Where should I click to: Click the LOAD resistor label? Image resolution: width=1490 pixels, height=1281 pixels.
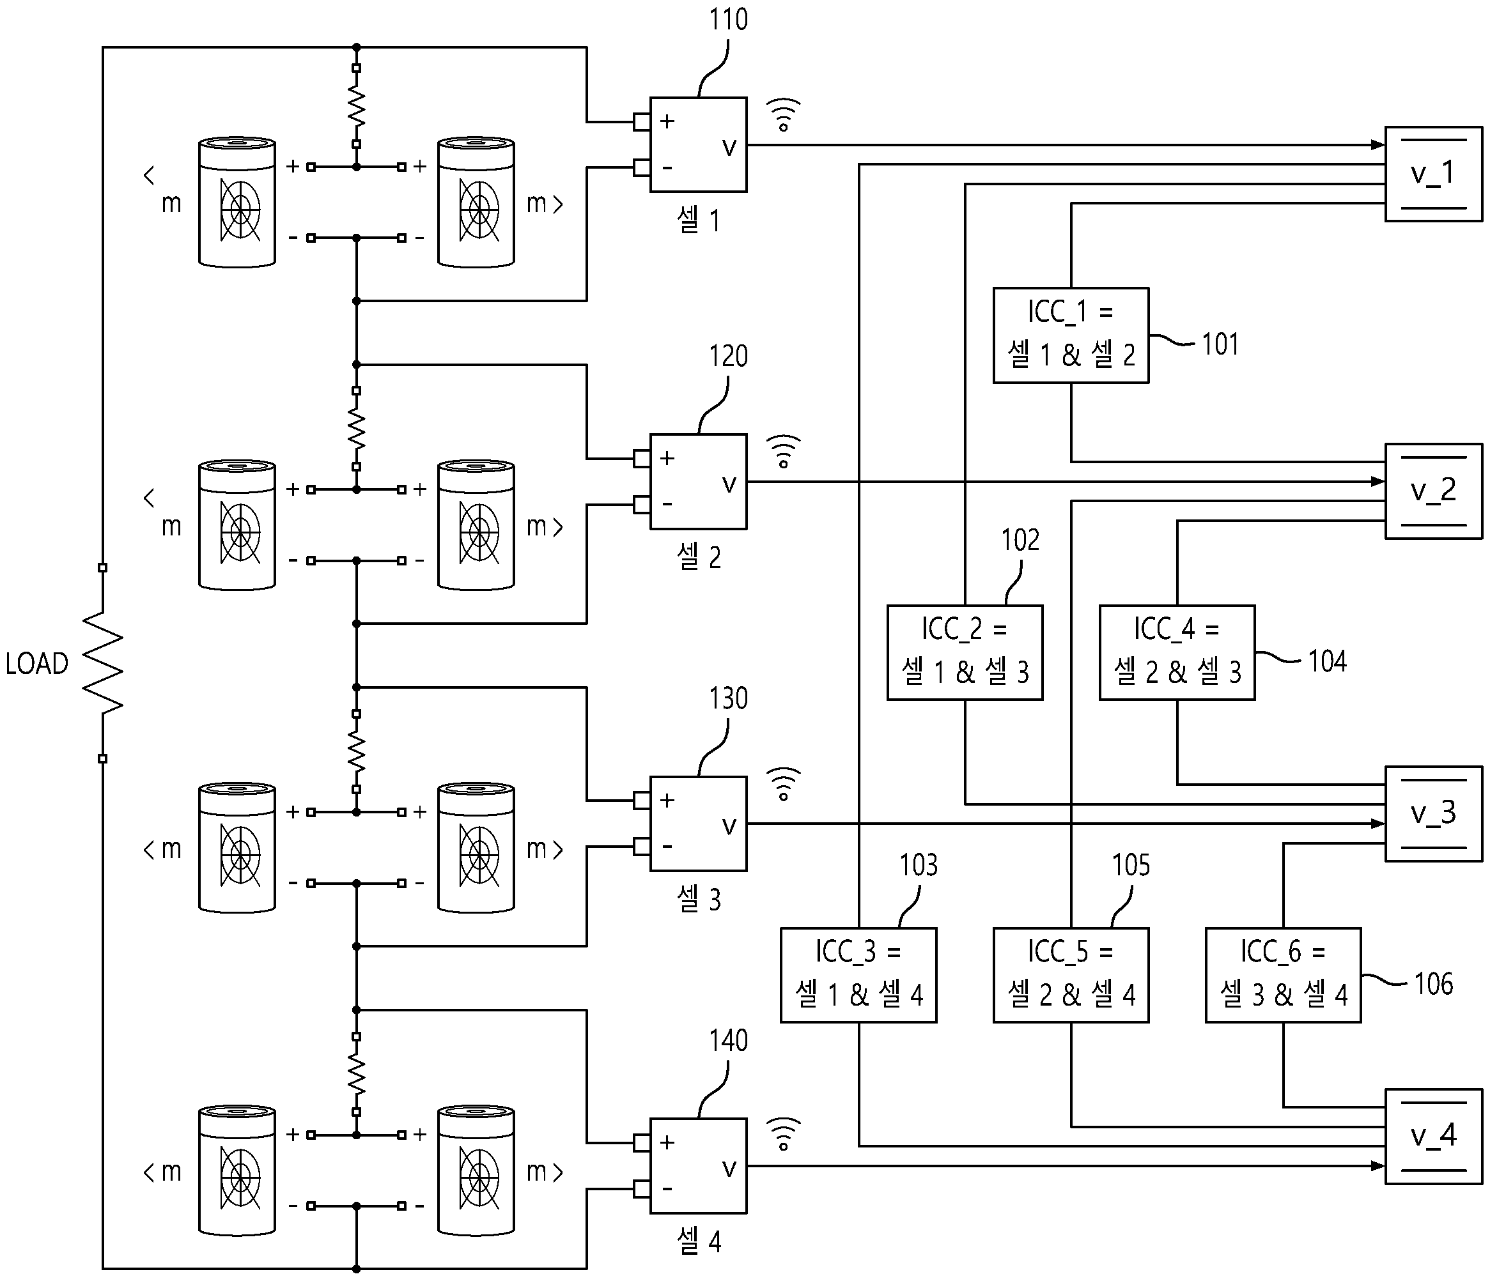pos(36,663)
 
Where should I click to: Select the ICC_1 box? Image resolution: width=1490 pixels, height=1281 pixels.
pos(1071,335)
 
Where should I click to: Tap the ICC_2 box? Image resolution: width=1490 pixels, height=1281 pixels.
pos(965,653)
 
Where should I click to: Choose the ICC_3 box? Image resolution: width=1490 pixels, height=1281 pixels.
pos(858,976)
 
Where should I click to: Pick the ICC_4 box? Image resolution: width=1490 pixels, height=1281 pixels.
pos(1177,653)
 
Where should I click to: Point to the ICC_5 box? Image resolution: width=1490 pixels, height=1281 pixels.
pos(1071,976)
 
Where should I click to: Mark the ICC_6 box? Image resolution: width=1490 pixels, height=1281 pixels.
pos(1283,976)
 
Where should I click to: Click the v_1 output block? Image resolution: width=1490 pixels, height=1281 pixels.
pos(1433,174)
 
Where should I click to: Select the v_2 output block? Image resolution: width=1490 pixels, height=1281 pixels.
pos(1433,491)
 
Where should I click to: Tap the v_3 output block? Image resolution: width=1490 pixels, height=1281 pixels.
pos(1433,814)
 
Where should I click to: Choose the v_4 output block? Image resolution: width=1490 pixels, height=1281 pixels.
pos(1433,1137)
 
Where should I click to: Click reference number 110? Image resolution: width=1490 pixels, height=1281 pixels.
pos(729,19)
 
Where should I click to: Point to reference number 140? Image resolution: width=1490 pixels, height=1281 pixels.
pos(729,1040)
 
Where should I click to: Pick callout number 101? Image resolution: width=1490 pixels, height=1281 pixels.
pos(1220,344)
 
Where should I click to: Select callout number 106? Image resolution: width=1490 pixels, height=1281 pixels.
pos(1433,984)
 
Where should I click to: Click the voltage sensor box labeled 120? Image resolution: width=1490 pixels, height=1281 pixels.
pos(697,482)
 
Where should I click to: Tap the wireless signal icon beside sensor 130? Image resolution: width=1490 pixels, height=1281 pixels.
pos(783,783)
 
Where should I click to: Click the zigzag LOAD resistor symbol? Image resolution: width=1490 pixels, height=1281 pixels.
pos(103,663)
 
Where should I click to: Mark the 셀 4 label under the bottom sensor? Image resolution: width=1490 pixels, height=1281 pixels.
pos(699,1241)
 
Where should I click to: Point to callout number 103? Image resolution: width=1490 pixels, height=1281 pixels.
pos(919,865)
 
